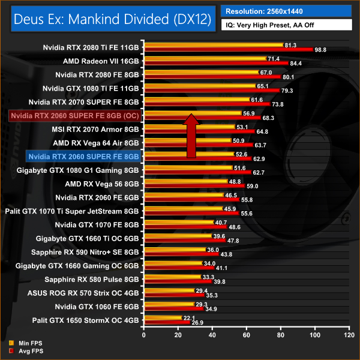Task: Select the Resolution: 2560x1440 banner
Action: (286, 11)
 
